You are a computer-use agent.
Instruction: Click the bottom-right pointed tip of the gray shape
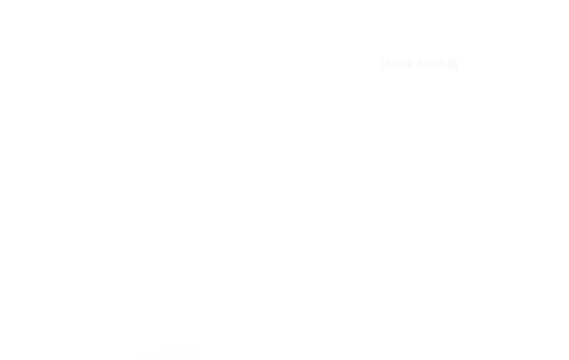coord(458,142)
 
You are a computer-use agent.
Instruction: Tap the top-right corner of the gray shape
coord(458,47)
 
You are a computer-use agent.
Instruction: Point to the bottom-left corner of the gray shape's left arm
coord(347,82)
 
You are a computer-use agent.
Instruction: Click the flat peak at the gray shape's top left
coord(379,48)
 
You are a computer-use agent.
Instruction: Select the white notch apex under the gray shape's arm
coord(395,74)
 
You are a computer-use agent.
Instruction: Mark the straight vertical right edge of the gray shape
coord(459,95)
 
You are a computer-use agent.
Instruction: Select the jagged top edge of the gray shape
coord(417,55)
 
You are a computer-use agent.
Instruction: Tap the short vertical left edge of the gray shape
coord(347,74)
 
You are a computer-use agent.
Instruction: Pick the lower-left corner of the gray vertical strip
coord(414,121)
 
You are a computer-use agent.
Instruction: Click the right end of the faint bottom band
coord(288,349)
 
